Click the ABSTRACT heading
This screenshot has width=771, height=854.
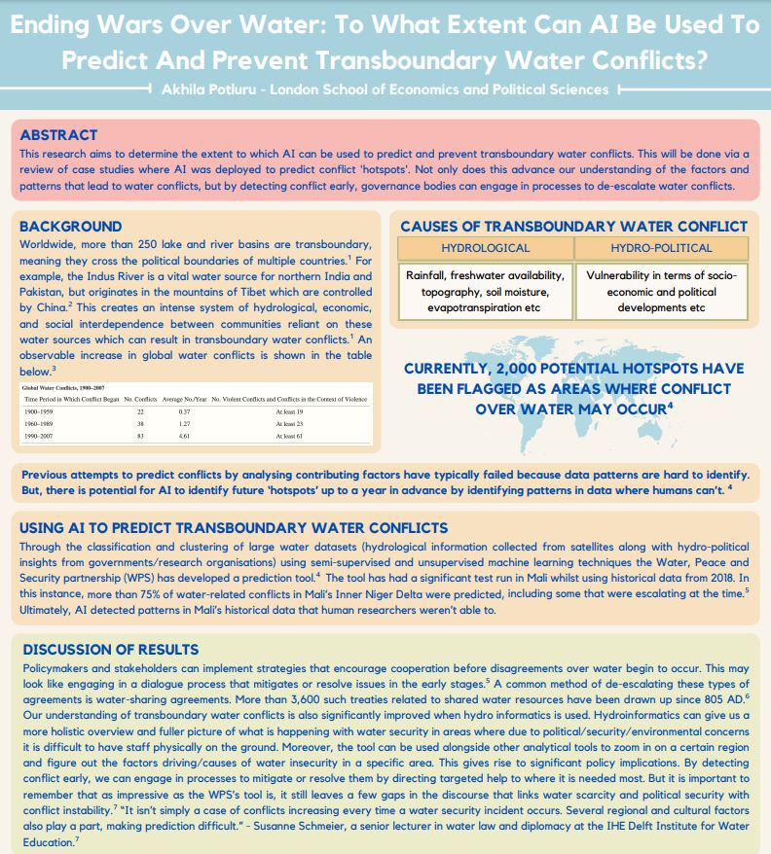[x=58, y=135]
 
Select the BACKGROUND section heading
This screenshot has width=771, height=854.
[x=71, y=227]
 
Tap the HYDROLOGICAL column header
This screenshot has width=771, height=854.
[x=485, y=248]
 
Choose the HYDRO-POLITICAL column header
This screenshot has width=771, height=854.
[x=661, y=248]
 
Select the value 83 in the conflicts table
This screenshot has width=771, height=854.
[x=140, y=437]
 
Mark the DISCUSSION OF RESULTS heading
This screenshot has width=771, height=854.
[x=110, y=649]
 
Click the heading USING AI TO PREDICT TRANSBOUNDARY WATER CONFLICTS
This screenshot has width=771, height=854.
[x=234, y=528]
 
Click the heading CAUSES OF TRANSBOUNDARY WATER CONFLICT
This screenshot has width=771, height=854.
[x=573, y=227]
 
